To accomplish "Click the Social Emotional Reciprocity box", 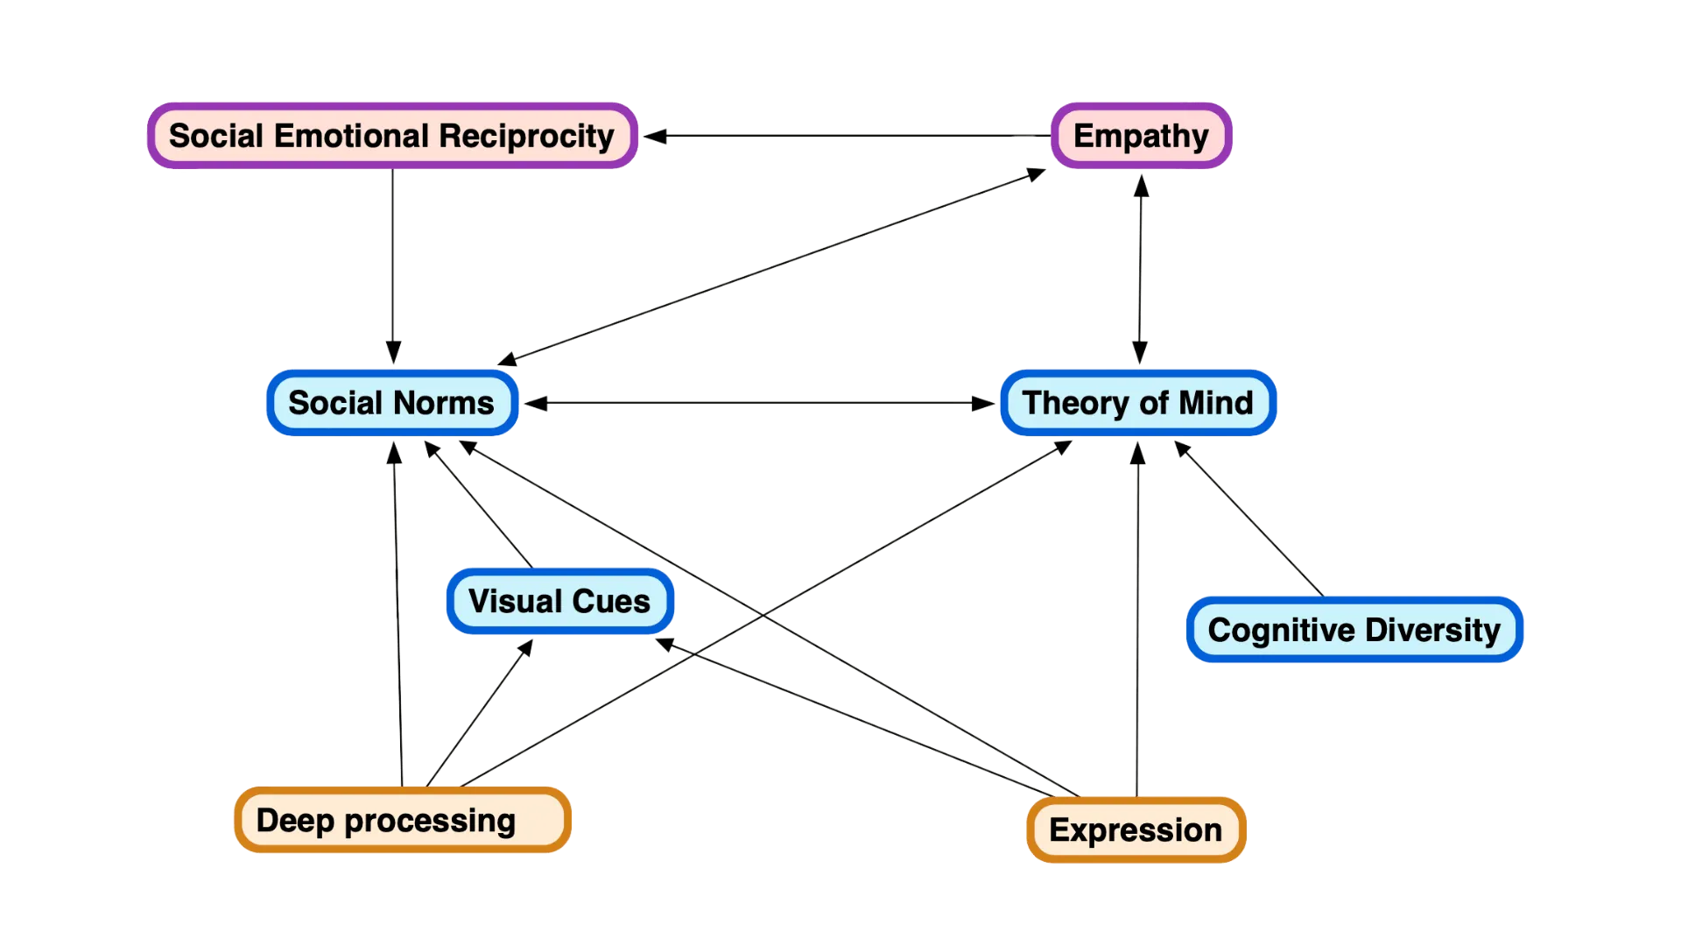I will (391, 136).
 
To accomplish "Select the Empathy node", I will (1141, 136).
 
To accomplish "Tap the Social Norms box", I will (391, 403).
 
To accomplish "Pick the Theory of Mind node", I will (1137, 403).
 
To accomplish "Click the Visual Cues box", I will (559, 602).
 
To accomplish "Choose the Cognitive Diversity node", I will (1354, 630).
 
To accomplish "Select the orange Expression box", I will (1136, 830).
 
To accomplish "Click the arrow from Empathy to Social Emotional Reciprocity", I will (858, 136).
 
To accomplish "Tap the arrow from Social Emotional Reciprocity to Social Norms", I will (393, 263).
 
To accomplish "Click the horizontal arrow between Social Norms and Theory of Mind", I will (760, 403).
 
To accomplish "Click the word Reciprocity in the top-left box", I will (526, 136).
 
